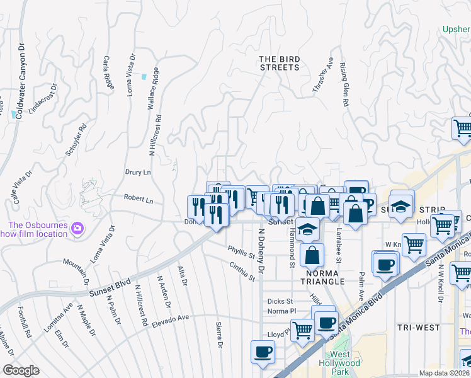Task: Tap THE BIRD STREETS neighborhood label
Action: coord(279,63)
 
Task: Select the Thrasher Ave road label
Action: coord(323,76)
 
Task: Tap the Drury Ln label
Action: coord(138,172)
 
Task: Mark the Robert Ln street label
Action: coord(139,198)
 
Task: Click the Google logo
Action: coord(21,370)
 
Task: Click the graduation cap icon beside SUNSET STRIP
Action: coord(400,207)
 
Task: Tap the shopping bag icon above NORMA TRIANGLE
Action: coord(312,255)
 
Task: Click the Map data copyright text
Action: coord(445,373)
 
